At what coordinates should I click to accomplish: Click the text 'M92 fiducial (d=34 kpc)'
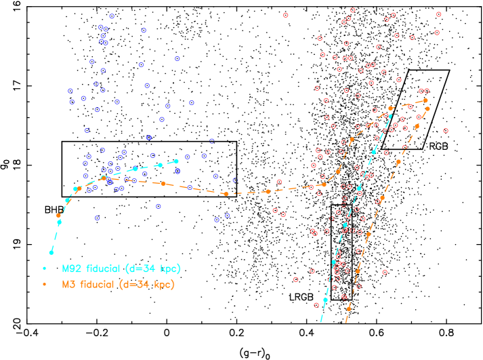pyautogui.click(x=121, y=268)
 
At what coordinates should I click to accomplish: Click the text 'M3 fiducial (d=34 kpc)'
pyautogui.click(x=118, y=285)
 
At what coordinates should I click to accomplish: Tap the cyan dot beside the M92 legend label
pyautogui.click(x=45, y=268)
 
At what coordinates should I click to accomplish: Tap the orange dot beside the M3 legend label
pyautogui.click(x=45, y=285)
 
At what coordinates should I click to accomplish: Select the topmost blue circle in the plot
pyautogui.click(x=112, y=16)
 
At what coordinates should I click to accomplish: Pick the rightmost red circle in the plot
pyautogui.click(x=445, y=130)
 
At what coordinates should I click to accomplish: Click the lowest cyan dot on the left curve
pyautogui.click(x=51, y=252)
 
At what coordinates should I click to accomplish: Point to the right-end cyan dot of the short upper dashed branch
pyautogui.click(x=176, y=161)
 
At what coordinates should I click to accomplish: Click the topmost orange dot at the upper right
pyautogui.click(x=425, y=100)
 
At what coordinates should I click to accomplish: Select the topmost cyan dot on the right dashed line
pyautogui.click(x=390, y=116)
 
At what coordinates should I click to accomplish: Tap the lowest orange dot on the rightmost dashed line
pyautogui.click(x=348, y=308)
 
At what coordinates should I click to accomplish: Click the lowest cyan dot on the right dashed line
pyautogui.click(x=325, y=300)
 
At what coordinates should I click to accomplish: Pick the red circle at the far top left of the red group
pyautogui.click(x=285, y=15)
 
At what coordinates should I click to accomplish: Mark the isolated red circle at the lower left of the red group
pyautogui.click(x=295, y=279)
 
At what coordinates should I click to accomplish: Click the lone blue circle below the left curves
pyautogui.click(x=98, y=218)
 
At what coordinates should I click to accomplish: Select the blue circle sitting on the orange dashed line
pyautogui.click(x=190, y=187)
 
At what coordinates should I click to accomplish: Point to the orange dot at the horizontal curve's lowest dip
pyautogui.click(x=226, y=194)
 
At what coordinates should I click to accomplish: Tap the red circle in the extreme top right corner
pyautogui.click(x=438, y=14)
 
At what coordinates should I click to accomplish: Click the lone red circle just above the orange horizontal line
pyautogui.click(x=279, y=181)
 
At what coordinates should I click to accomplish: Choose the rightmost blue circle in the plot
pyautogui.click(x=235, y=180)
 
